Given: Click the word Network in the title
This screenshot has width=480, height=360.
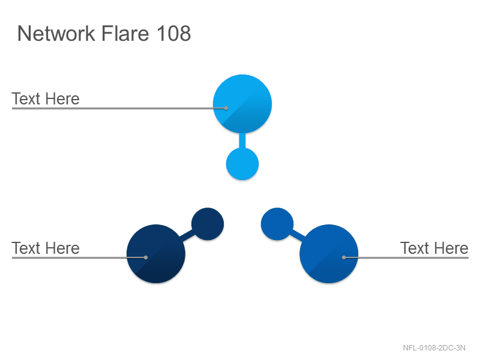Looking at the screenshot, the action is tap(56, 34).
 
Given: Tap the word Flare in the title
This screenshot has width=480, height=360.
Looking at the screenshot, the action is tap(125, 33).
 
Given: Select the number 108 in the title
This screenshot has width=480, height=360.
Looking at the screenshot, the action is tap(174, 33).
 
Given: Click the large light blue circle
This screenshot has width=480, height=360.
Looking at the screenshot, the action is tap(242, 104).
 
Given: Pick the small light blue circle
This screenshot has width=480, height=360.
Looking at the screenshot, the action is tap(242, 164).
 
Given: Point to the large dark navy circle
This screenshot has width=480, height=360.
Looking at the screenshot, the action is tap(156, 254).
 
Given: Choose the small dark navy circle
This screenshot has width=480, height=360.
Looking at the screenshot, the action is tap(208, 224).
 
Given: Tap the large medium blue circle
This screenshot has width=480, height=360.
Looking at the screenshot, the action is tap(329, 254).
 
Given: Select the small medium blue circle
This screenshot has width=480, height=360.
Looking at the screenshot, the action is tap(277, 224).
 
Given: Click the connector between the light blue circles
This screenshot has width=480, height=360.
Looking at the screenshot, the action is tap(242, 141).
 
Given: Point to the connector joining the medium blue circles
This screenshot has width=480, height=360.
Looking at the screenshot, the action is tap(298, 236).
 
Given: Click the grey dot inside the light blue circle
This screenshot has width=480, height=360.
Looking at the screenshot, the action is tap(226, 108).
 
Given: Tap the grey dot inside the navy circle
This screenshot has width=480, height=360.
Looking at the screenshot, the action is tap(146, 257).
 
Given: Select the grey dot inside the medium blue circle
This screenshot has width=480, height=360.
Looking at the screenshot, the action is tap(344, 257).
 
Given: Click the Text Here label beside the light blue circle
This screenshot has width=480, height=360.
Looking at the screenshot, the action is tap(46, 99).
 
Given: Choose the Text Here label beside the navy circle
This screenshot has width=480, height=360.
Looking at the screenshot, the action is tap(46, 248).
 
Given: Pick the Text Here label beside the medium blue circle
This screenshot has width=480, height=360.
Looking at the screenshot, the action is tap(434, 248).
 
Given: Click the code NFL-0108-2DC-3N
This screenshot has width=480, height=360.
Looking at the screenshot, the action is tap(434, 348).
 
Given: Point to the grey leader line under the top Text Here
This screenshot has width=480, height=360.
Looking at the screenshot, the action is tap(119, 108).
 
